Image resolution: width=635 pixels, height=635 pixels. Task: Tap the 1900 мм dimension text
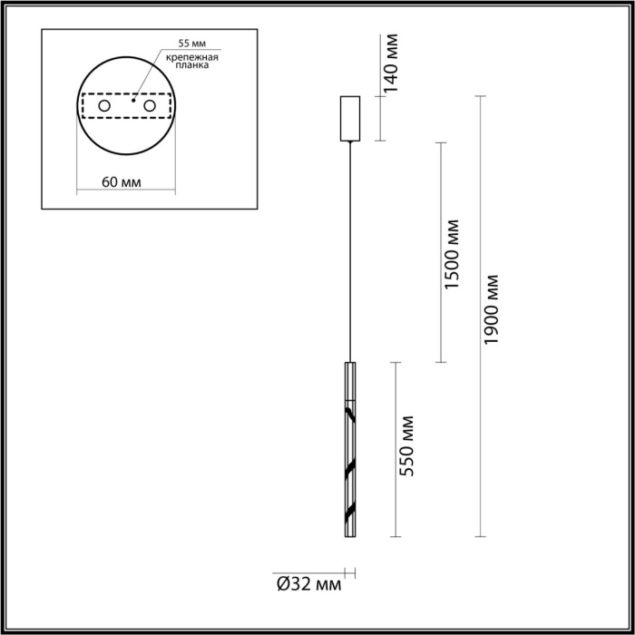(x=493, y=308)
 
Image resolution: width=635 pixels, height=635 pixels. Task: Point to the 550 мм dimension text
(x=407, y=446)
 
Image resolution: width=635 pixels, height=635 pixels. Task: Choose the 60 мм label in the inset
(x=121, y=181)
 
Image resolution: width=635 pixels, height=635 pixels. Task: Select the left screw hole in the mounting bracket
(x=104, y=107)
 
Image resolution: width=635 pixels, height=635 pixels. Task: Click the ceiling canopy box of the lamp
(x=349, y=118)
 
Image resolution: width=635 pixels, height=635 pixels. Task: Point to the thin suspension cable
(x=349, y=254)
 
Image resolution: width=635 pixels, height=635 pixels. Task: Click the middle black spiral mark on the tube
(x=348, y=471)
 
